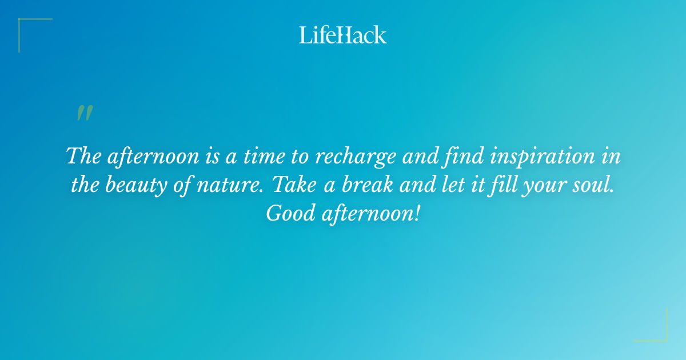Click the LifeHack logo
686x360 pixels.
[x=343, y=35]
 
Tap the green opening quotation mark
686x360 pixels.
[x=85, y=113]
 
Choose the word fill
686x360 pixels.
[x=505, y=186]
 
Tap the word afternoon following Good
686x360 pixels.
[x=362, y=214]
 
